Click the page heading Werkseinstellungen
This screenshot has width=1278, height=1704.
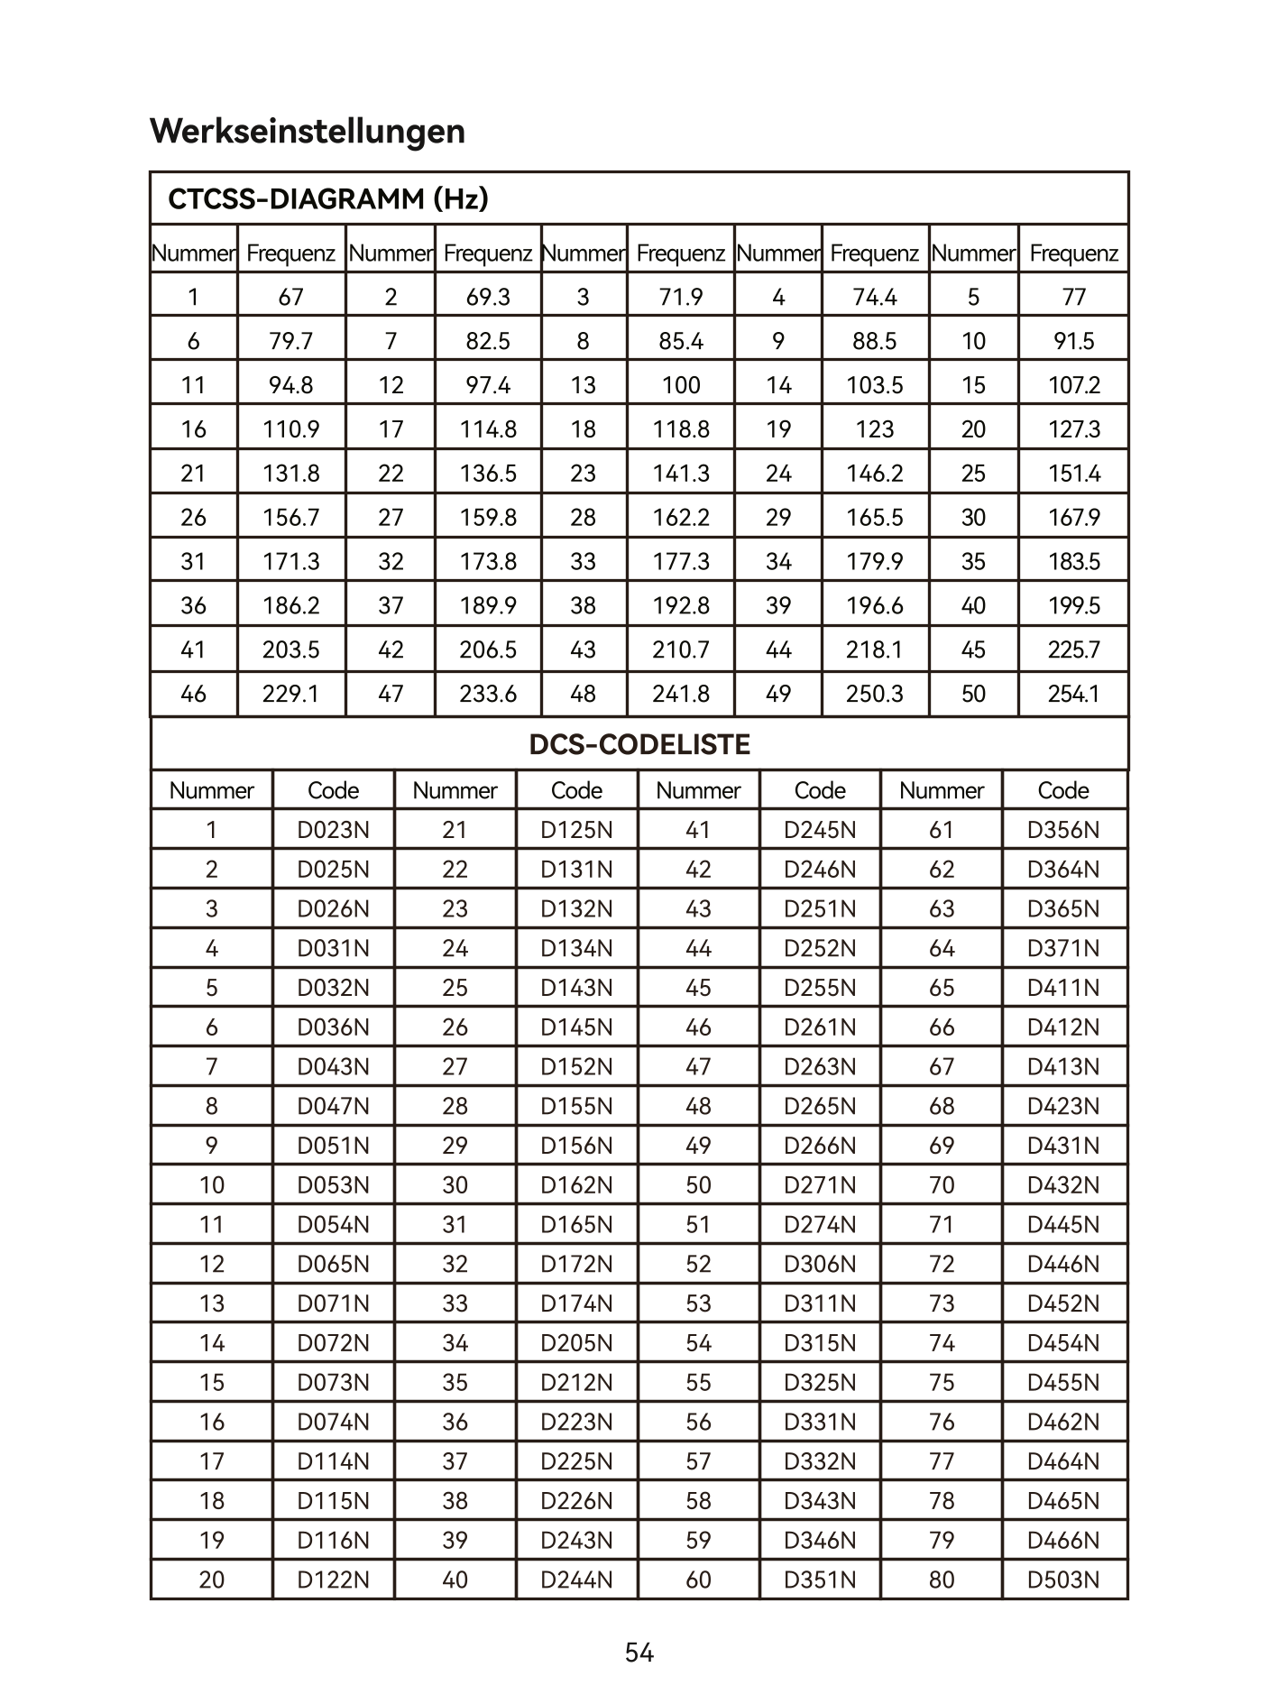(308, 131)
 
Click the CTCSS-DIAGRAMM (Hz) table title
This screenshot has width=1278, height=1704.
(328, 198)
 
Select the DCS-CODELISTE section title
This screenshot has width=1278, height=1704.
(639, 744)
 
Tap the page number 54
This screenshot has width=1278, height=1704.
(639, 1653)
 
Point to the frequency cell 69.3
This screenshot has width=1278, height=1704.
(488, 297)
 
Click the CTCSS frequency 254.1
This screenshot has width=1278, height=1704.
(1073, 694)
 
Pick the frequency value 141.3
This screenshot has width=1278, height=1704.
(681, 474)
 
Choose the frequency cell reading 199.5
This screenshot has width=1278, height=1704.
(1073, 605)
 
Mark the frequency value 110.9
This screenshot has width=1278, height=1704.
(291, 429)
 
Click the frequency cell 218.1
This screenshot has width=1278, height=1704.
(875, 649)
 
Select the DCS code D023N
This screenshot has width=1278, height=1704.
(334, 830)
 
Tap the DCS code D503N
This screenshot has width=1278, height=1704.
(1063, 1580)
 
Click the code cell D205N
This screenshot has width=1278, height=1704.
(576, 1343)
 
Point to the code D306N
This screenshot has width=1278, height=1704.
(820, 1264)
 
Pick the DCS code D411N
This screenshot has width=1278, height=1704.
(1063, 988)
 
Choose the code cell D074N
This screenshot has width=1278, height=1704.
(334, 1422)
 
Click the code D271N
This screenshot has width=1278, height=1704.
(820, 1185)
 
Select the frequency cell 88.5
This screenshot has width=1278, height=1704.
(875, 341)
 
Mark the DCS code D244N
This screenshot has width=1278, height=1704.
(576, 1580)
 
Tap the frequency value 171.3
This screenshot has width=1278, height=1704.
(291, 562)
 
